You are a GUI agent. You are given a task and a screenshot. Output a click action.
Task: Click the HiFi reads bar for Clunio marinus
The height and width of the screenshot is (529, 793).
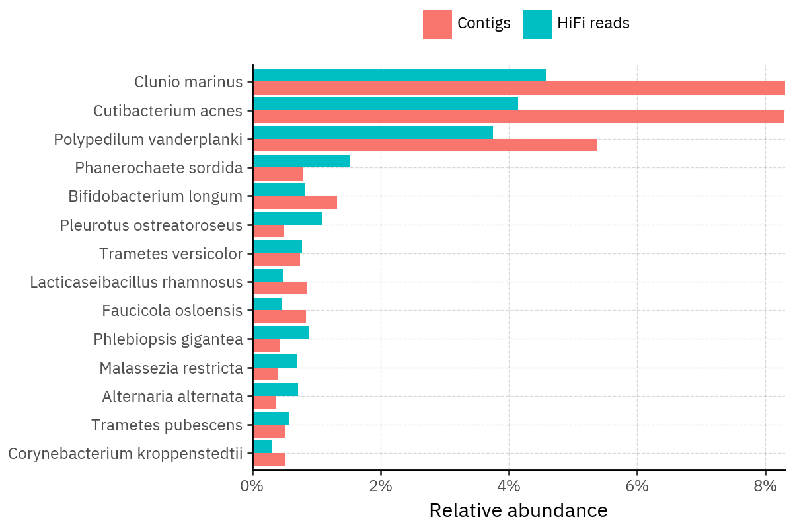(x=399, y=75)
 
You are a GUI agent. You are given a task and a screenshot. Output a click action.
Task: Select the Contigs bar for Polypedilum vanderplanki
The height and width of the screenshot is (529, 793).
(x=424, y=145)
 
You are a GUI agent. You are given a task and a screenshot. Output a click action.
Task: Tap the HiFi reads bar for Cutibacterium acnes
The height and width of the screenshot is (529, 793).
(x=385, y=104)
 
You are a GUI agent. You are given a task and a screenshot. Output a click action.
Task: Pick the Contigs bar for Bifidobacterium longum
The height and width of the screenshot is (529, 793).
(x=295, y=202)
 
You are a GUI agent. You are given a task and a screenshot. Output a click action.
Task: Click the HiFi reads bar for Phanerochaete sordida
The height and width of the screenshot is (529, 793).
(x=301, y=161)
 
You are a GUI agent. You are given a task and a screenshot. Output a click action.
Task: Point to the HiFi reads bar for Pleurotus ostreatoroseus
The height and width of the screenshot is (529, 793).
(x=287, y=218)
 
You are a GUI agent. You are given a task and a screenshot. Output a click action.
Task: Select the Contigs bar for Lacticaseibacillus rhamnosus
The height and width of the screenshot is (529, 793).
(x=280, y=288)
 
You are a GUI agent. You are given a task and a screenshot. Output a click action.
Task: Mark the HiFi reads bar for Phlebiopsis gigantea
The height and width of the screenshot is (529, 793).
(x=281, y=333)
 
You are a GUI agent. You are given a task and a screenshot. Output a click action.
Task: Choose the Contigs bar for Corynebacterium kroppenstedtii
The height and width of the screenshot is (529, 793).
(x=269, y=460)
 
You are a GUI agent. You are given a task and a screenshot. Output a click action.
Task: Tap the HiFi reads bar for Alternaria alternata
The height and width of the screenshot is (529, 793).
(x=276, y=389)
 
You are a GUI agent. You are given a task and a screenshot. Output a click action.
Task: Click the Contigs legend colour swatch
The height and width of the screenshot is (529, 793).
(x=437, y=24)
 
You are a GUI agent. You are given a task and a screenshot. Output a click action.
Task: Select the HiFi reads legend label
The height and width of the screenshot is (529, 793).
(x=593, y=23)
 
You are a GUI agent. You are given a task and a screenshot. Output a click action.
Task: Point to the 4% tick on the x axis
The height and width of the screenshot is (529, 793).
(x=509, y=471)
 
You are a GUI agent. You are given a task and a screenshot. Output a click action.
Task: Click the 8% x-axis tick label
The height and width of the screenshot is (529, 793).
(x=765, y=486)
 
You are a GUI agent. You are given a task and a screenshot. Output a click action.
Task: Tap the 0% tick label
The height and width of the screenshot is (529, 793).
(x=252, y=486)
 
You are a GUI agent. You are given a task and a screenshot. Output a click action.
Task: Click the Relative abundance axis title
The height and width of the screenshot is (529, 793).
(x=518, y=510)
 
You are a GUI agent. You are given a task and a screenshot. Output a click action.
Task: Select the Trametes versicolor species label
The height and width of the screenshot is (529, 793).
(x=171, y=254)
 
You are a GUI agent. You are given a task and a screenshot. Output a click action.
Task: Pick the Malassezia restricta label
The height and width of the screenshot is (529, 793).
(x=171, y=368)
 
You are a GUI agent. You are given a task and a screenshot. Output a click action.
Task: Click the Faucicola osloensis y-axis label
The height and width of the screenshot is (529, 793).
(x=172, y=311)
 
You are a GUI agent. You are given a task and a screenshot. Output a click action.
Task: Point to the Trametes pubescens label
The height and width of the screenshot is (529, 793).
(x=167, y=425)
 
